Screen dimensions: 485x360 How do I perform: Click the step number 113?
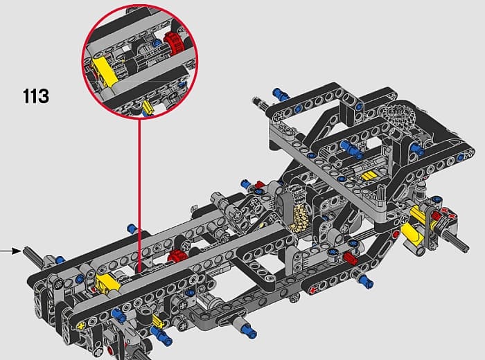(x=35, y=96)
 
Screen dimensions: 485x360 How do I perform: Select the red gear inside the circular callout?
(x=170, y=42)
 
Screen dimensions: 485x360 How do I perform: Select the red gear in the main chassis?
(x=176, y=254)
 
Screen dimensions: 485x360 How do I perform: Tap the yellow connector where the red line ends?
(x=108, y=282)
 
